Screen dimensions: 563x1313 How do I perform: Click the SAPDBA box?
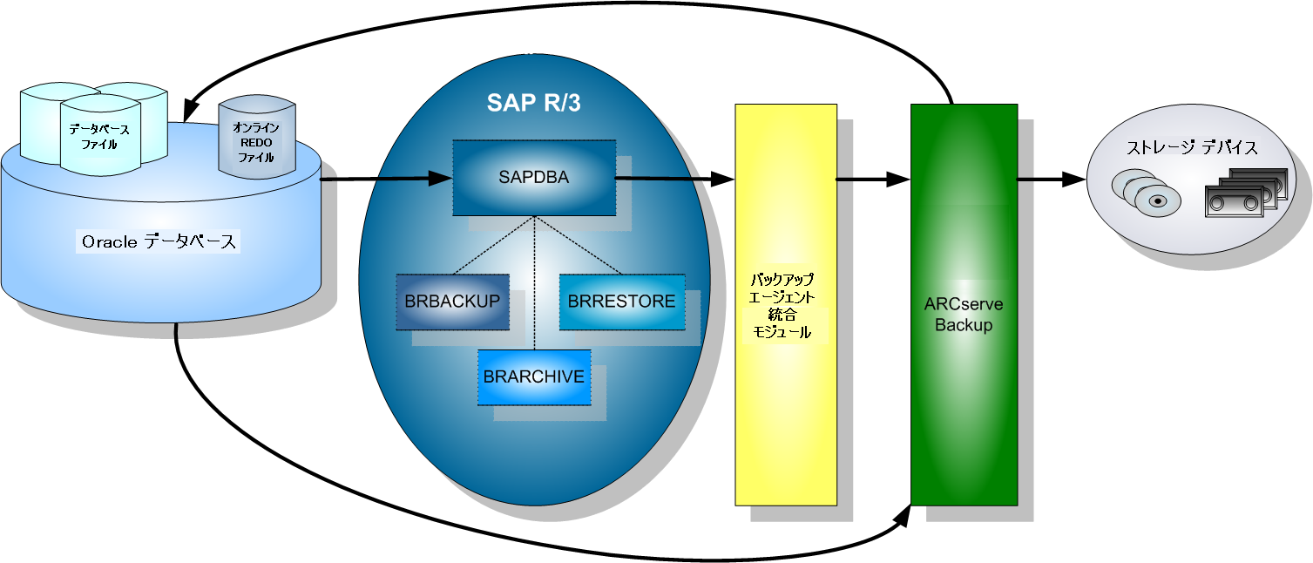(x=533, y=178)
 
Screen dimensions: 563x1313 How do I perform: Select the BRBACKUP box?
(x=452, y=302)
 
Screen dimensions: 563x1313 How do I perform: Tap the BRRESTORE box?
(x=621, y=302)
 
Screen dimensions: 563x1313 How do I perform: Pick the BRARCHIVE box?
(x=533, y=376)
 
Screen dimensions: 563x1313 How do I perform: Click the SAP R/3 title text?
(x=533, y=103)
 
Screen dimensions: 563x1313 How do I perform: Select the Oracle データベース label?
(x=159, y=242)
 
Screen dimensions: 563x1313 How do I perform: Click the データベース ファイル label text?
(x=99, y=137)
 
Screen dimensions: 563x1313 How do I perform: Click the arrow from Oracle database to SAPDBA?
(x=383, y=180)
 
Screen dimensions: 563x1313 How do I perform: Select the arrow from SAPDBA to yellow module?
(x=675, y=180)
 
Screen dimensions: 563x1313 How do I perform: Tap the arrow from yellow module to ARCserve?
(x=871, y=180)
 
